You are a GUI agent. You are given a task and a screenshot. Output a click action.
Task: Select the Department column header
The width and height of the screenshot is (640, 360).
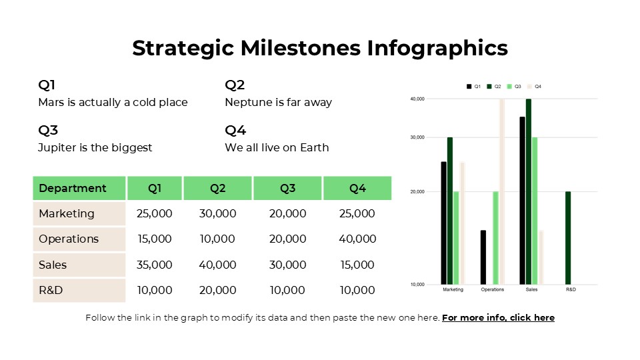click(x=73, y=189)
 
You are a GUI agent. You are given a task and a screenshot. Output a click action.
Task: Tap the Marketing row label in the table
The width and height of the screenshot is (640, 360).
click(x=67, y=214)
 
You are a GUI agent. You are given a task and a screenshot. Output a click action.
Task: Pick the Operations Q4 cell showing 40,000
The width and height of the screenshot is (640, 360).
click(x=357, y=239)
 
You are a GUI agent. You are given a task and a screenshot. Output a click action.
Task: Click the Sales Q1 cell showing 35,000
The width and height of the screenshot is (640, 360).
click(x=154, y=265)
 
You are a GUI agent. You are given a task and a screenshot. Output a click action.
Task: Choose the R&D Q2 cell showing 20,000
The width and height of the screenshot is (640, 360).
click(x=217, y=291)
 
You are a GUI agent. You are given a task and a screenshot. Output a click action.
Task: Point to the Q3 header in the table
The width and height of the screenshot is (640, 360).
click(x=287, y=189)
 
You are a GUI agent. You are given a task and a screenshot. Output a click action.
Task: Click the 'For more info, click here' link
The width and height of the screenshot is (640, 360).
click(x=498, y=318)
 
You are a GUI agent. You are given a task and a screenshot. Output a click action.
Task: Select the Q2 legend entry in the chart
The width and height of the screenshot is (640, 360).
click(x=494, y=87)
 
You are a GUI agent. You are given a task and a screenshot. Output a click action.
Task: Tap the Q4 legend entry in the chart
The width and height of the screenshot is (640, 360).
click(x=534, y=87)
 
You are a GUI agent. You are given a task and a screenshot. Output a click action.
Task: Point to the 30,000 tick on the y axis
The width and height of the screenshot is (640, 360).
click(x=417, y=137)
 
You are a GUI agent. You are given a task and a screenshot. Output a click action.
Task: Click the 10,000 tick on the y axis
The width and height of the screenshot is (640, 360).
click(x=417, y=285)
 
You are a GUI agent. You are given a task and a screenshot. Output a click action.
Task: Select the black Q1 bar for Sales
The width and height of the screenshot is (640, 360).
click(x=522, y=200)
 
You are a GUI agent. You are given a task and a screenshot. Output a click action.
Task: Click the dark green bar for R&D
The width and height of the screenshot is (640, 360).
click(x=568, y=238)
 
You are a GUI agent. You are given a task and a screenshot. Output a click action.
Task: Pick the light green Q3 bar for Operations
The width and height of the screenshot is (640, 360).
click(x=495, y=238)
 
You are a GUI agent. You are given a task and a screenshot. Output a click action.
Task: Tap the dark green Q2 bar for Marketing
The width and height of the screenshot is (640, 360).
click(x=450, y=211)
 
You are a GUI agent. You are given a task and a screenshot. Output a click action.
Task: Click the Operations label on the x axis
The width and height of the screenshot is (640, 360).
click(x=493, y=290)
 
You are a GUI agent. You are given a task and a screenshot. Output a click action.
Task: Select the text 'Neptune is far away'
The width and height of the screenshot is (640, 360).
click(x=278, y=103)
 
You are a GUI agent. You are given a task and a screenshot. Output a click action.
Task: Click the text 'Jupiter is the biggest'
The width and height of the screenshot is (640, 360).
click(x=95, y=148)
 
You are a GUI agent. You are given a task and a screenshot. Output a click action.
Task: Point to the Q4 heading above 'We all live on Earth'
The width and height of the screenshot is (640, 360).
click(x=235, y=130)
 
